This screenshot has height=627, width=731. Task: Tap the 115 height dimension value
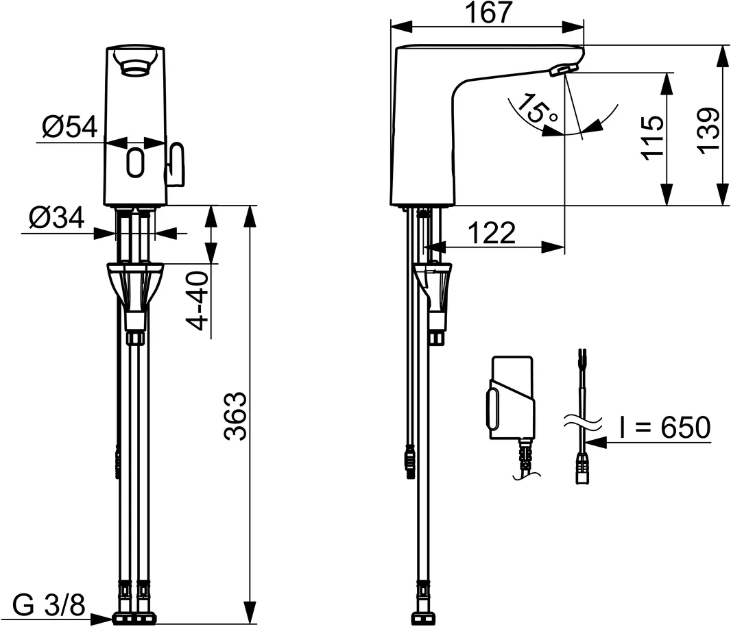tap(653, 138)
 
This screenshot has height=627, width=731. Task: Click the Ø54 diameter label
tap(69, 127)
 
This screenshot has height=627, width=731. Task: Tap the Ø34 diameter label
tap(56, 219)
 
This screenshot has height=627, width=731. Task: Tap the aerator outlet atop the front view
tap(136, 64)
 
